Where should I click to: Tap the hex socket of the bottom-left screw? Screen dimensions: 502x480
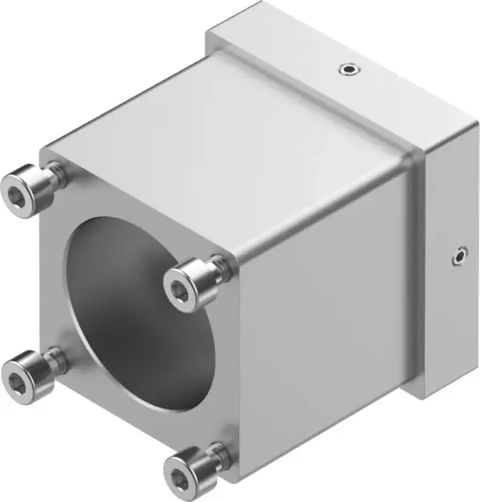coord(16,377)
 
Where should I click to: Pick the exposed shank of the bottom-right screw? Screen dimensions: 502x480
coord(218,453)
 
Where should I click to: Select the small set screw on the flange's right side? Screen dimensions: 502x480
coord(457,256)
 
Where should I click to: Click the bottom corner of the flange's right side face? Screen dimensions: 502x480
coord(422,397)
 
